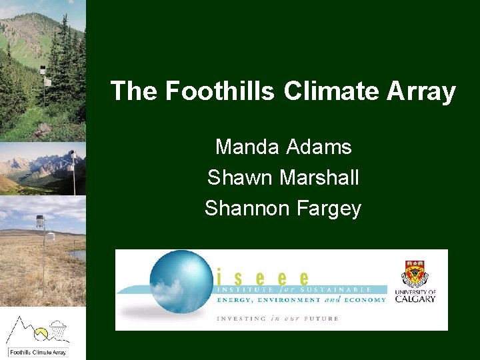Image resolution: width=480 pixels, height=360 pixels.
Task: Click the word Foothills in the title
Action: [220, 91]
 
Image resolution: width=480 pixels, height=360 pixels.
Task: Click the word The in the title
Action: [134, 91]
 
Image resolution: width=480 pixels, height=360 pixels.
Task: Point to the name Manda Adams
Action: [283, 147]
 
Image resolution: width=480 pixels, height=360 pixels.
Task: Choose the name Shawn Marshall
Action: [283, 177]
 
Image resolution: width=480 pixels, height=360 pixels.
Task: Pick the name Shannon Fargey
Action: [283, 209]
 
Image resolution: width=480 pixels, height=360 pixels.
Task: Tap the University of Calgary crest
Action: [415, 274]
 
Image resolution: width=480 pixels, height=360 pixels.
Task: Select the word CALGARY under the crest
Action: [415, 299]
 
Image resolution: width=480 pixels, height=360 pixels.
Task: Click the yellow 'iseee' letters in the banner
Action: [263, 277]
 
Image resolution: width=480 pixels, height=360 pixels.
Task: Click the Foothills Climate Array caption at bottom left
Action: [38, 352]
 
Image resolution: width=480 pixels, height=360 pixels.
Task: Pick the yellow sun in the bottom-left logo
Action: [41, 331]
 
